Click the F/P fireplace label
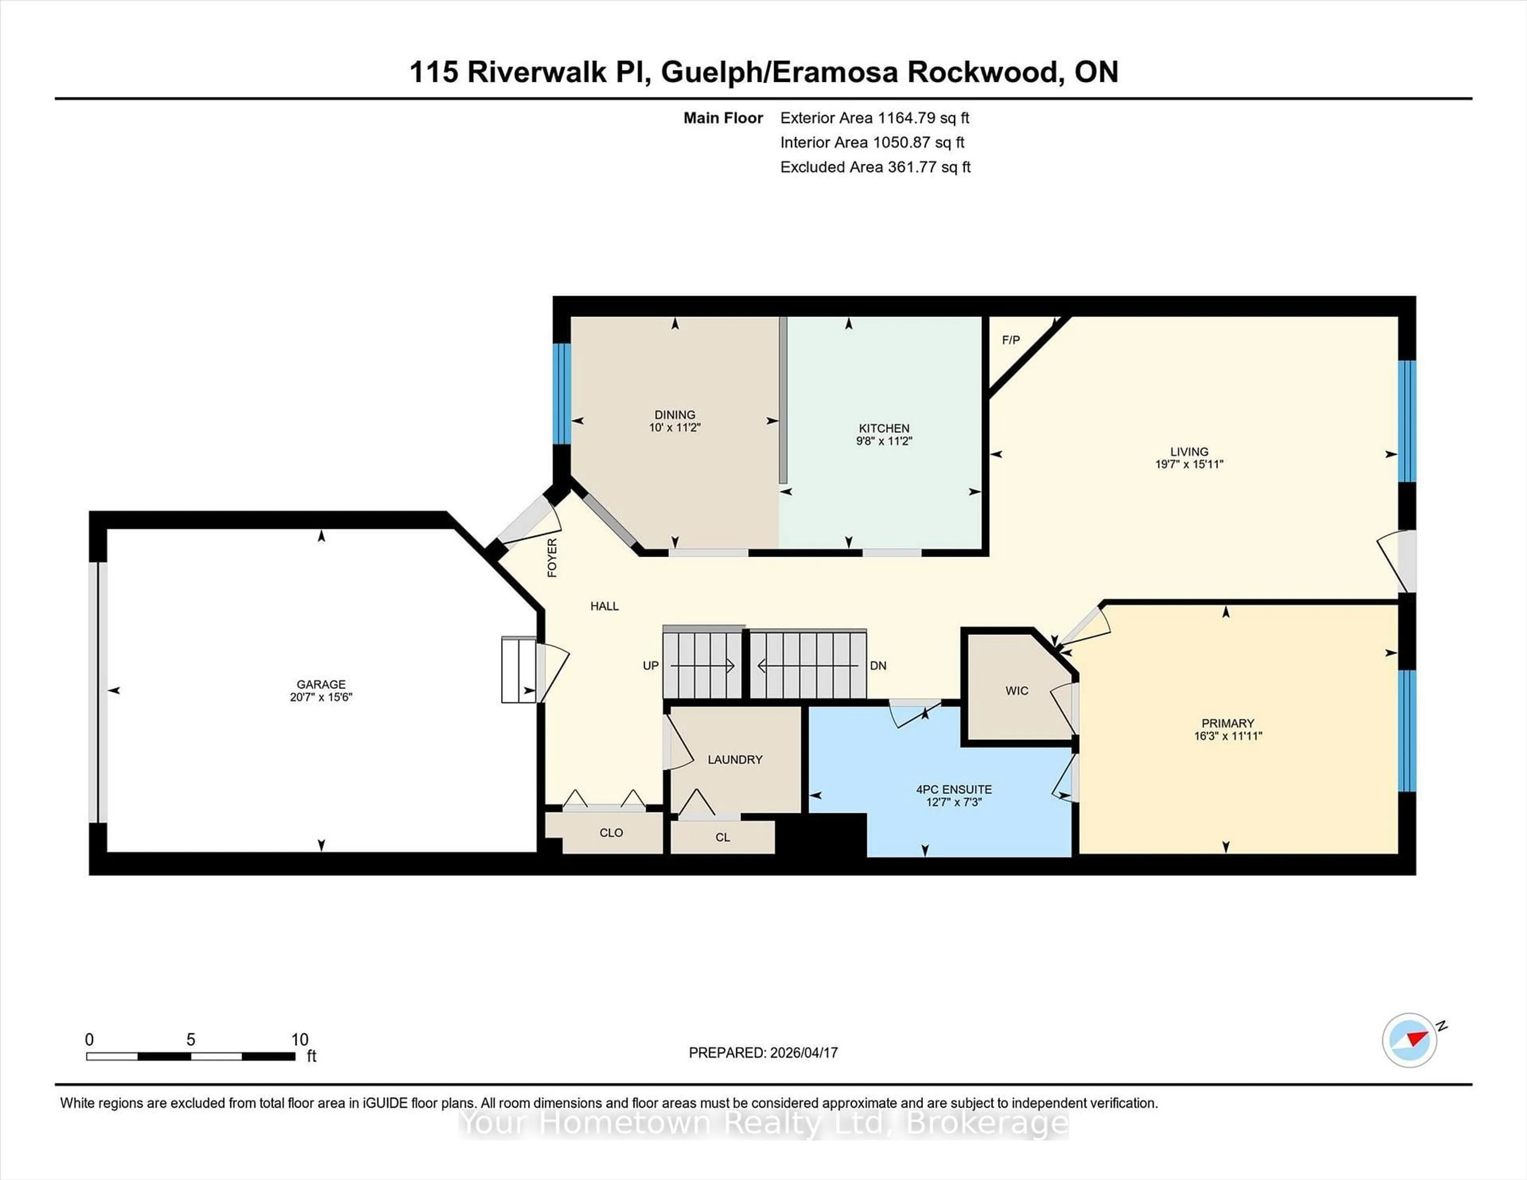point(1010,340)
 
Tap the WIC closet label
point(1016,691)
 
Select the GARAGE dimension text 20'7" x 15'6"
point(321,697)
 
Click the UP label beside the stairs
point(650,666)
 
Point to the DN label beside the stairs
point(878,666)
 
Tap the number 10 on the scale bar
point(299,1040)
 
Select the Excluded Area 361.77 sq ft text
point(875,167)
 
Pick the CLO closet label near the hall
point(611,833)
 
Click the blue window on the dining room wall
point(561,394)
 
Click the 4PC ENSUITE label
point(954,789)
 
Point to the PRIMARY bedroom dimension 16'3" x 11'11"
point(1228,736)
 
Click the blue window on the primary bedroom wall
point(1407,730)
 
